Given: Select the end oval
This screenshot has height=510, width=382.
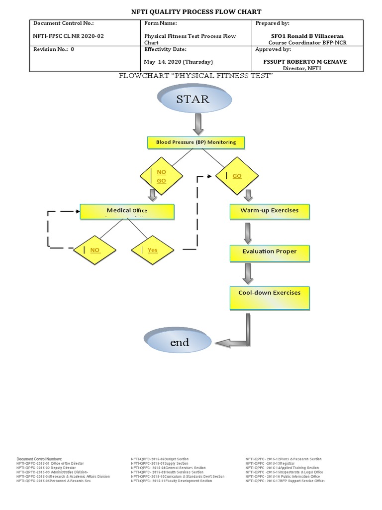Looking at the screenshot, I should (180, 342).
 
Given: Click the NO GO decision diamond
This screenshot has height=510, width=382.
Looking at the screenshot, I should (160, 176).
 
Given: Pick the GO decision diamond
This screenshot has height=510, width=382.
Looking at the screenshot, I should (236, 176).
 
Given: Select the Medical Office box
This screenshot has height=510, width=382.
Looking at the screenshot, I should (127, 211).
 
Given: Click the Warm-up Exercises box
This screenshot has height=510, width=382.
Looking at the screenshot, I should (270, 211).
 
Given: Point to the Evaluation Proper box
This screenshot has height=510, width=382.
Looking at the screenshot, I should (269, 253).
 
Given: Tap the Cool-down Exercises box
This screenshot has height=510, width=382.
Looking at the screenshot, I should (269, 297).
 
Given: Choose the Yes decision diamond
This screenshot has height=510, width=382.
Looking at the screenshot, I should (151, 250).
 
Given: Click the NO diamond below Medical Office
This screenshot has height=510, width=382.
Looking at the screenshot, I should (95, 250).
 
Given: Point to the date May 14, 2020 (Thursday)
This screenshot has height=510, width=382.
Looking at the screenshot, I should (178, 62).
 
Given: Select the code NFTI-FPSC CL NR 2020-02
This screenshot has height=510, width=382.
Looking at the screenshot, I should (69, 36).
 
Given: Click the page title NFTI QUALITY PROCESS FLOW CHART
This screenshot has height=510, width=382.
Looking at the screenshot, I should (195, 11).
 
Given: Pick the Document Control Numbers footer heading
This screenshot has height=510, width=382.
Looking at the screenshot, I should (40, 459).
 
